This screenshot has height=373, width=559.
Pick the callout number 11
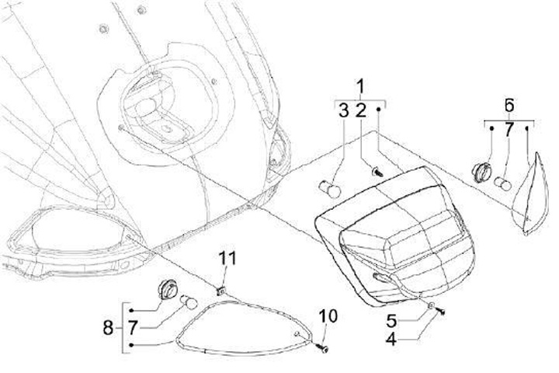click(225, 257)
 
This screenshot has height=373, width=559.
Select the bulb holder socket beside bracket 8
click(165, 289)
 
